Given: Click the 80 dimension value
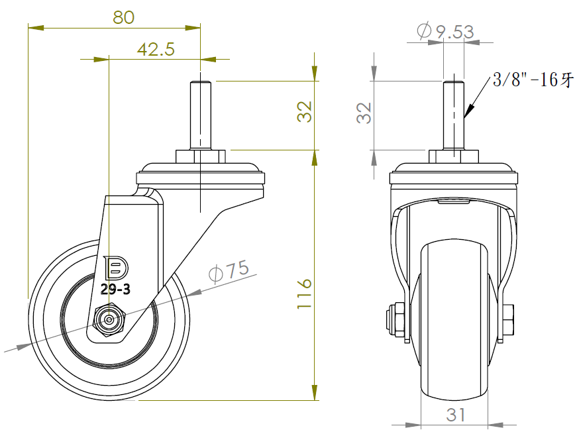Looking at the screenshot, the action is (x=124, y=17).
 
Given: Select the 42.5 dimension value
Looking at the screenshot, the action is (x=156, y=49).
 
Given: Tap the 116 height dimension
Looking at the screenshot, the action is (x=304, y=294).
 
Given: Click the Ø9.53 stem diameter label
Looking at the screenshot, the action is (x=445, y=31).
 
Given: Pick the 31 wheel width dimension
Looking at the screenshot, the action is (x=455, y=415).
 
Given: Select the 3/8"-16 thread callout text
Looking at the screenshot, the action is (x=533, y=80).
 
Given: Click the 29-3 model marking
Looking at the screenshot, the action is (x=115, y=289).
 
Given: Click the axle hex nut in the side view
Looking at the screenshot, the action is (x=109, y=320).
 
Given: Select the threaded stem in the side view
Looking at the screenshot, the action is (x=201, y=115).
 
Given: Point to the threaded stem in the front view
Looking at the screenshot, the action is (x=454, y=115).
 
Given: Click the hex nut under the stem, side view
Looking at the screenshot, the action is (x=201, y=156).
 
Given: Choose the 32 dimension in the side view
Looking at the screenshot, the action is (x=304, y=111).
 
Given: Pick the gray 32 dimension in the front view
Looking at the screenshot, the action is (x=364, y=113).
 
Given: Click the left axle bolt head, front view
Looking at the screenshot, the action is (x=395, y=320).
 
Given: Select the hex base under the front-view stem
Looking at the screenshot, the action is (x=454, y=156).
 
